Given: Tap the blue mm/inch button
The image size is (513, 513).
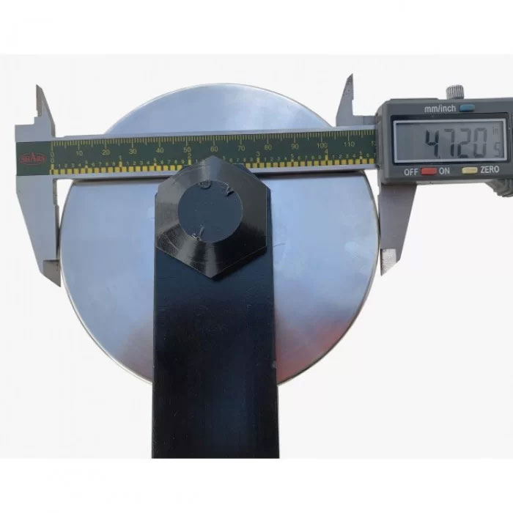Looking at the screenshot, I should click(467, 107).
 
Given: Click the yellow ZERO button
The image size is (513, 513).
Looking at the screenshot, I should click(466, 170).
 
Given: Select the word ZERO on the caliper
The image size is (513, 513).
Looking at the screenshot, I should click(490, 170).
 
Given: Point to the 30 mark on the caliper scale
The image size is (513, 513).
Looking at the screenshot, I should click(133, 151).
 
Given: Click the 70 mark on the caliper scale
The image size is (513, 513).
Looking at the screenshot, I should click(240, 149).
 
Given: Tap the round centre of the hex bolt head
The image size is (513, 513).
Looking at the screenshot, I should click(212, 212).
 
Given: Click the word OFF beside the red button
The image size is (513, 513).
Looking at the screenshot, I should click(412, 171).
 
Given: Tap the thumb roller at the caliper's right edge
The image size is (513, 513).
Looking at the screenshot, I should click(504, 188).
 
